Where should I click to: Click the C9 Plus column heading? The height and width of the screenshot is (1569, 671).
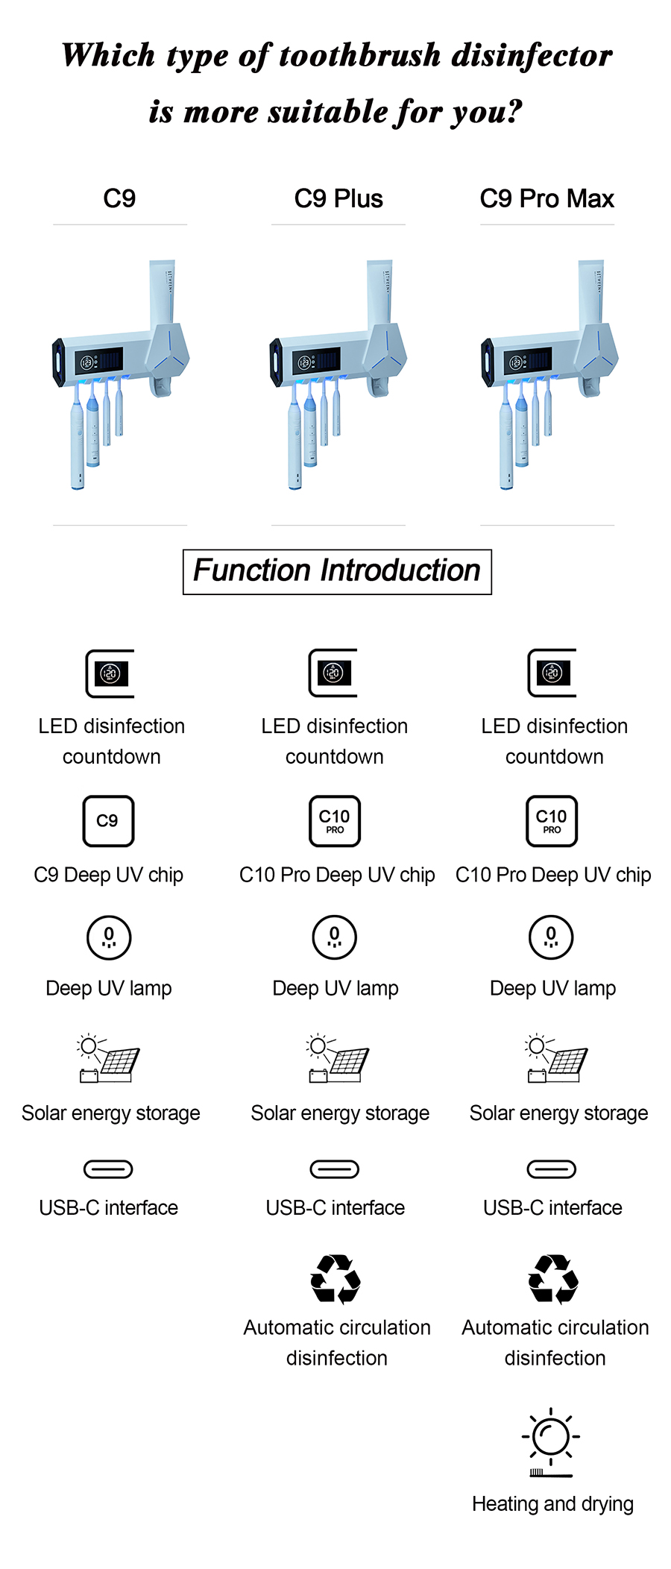click(338, 198)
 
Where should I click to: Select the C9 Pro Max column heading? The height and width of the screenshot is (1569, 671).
click(546, 198)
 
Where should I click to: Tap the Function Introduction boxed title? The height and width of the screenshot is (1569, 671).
click(337, 571)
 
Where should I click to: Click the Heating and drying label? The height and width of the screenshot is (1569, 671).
click(552, 1503)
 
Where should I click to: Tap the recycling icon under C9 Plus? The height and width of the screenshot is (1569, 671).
click(335, 1278)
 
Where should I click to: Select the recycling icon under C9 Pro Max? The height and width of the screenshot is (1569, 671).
click(553, 1278)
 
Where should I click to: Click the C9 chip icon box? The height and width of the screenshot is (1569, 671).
click(108, 821)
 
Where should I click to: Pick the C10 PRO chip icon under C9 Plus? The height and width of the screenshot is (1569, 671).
click(335, 821)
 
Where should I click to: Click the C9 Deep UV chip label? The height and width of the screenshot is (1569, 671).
click(109, 875)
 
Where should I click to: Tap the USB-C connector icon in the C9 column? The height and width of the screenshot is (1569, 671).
click(108, 1169)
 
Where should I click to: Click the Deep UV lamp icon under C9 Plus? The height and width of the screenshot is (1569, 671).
click(335, 937)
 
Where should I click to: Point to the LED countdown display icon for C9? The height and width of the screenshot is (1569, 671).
click(110, 673)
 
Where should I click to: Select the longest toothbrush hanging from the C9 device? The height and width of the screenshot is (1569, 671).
click(77, 440)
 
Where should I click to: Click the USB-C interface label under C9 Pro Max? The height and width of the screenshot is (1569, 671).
click(552, 1207)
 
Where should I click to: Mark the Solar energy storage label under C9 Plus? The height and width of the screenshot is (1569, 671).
click(340, 1113)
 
